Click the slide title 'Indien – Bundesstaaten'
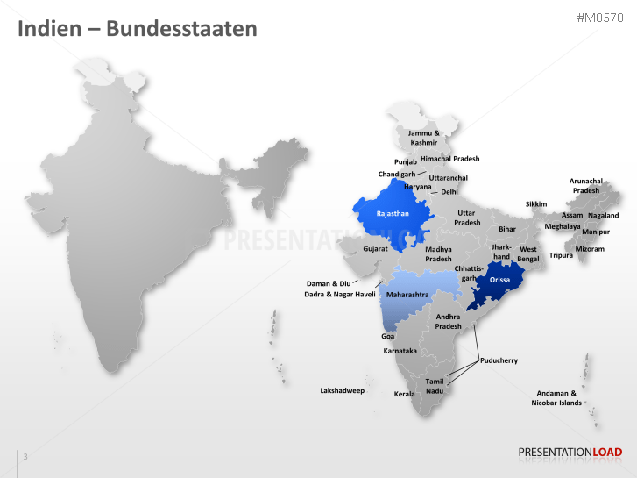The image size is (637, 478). tap(138, 28)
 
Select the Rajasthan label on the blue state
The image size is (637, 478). tap(393, 213)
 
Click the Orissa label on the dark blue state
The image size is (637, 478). tap(499, 280)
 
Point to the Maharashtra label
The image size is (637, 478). tap(407, 295)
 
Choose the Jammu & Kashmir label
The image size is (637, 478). tap(424, 138)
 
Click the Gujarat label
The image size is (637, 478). tap(376, 249)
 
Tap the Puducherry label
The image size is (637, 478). tap(499, 360)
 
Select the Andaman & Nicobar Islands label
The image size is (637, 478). tap(556, 398)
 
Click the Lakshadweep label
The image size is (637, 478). tap(342, 390)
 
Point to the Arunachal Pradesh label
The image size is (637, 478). tap(585, 185)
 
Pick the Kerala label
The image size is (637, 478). tap(404, 394)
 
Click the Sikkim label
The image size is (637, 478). tap(536, 204)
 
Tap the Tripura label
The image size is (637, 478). tap(561, 255)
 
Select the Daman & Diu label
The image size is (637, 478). tap(328, 283)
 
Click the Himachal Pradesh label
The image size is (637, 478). tap(450, 159)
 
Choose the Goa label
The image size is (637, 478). tap(387, 336)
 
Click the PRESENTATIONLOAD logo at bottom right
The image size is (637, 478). tap(570, 453)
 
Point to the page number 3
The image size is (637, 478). tap(25, 456)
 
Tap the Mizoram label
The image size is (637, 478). tap(589, 249)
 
